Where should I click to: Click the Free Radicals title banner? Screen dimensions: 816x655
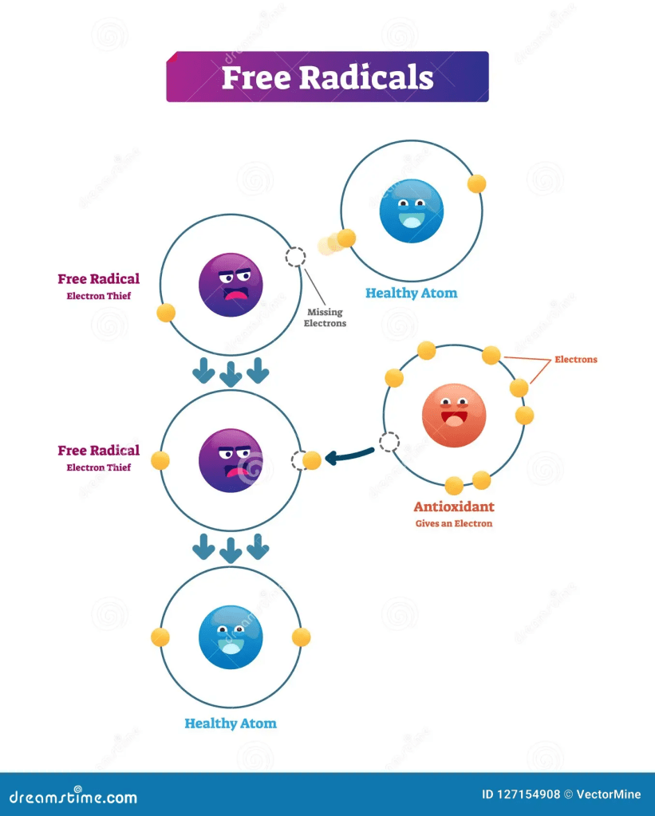[x=327, y=77]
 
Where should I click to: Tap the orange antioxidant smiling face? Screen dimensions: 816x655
[x=453, y=415]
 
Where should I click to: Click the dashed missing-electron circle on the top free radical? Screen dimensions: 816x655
[x=295, y=256]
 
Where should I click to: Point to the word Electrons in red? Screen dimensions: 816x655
[x=575, y=360]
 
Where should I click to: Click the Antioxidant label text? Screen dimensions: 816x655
[x=453, y=507]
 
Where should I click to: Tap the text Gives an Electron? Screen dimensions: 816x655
[x=453, y=524]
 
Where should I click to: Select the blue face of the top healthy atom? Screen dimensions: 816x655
[x=411, y=211]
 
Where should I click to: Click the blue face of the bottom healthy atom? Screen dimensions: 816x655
[x=231, y=637]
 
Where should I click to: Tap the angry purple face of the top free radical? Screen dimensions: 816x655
[x=231, y=285]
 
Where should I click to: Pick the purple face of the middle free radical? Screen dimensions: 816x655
[x=231, y=460]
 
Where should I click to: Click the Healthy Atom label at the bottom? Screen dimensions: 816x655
[x=231, y=723]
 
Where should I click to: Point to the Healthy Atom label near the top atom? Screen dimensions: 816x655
[x=411, y=293]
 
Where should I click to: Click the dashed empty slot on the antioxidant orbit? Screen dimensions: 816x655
[x=389, y=442]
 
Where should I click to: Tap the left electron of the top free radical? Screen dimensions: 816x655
[x=166, y=312]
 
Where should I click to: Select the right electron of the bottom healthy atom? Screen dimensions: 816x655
[x=301, y=637]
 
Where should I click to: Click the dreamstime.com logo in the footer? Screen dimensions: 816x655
[x=73, y=797]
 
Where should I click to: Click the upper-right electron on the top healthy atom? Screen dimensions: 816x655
[x=476, y=183]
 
